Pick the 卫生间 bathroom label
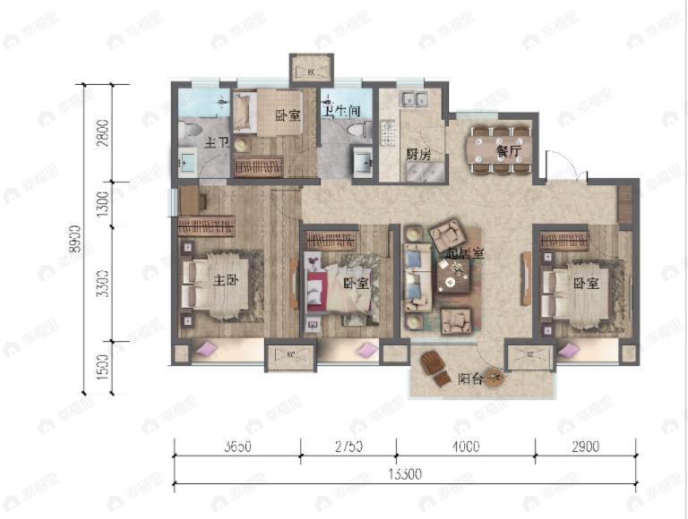point(342,110)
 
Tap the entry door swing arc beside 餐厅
point(559,166)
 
